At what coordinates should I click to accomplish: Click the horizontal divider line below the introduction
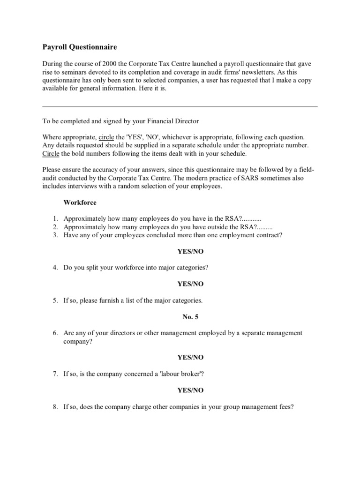tap(180, 106)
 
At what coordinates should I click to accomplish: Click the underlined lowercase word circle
tap(106, 137)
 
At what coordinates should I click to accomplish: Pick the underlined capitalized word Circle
tap(51, 154)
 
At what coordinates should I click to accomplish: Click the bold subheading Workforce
tap(80, 202)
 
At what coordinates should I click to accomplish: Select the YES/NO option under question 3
tap(190, 251)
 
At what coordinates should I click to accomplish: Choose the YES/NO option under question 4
tap(190, 284)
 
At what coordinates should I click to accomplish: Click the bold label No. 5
tap(190, 317)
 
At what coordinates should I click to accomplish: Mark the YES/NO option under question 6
tap(190, 357)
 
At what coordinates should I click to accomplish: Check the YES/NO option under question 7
tap(190, 390)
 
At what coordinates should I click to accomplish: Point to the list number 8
tap(55, 407)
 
